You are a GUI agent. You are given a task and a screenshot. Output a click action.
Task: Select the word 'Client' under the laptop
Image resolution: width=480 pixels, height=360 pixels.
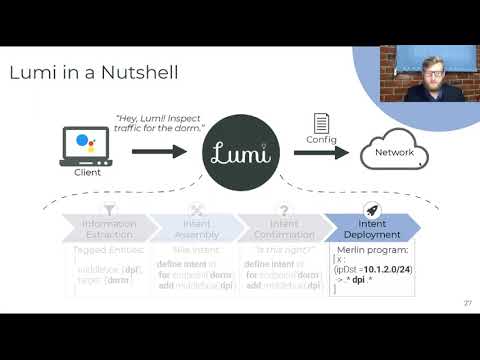click(88, 173)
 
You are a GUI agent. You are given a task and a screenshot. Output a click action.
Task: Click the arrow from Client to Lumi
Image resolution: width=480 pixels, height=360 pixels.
click(159, 151)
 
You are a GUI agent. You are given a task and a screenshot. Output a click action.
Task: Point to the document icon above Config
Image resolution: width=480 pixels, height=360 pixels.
click(322, 123)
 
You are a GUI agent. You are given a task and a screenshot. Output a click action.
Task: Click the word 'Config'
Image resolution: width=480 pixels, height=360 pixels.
click(322, 141)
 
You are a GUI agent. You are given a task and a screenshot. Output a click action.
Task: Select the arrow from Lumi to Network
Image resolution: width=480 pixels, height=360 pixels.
click(319, 153)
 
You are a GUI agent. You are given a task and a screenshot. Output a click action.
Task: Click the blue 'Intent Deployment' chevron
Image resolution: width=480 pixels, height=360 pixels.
click(369, 229)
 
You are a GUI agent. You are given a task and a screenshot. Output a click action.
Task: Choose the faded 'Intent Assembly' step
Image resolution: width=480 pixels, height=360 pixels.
click(193, 229)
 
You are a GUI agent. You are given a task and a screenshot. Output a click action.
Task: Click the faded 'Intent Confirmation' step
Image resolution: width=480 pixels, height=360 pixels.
click(279, 229)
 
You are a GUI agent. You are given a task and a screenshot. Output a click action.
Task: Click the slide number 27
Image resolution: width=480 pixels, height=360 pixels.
click(467, 304)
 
